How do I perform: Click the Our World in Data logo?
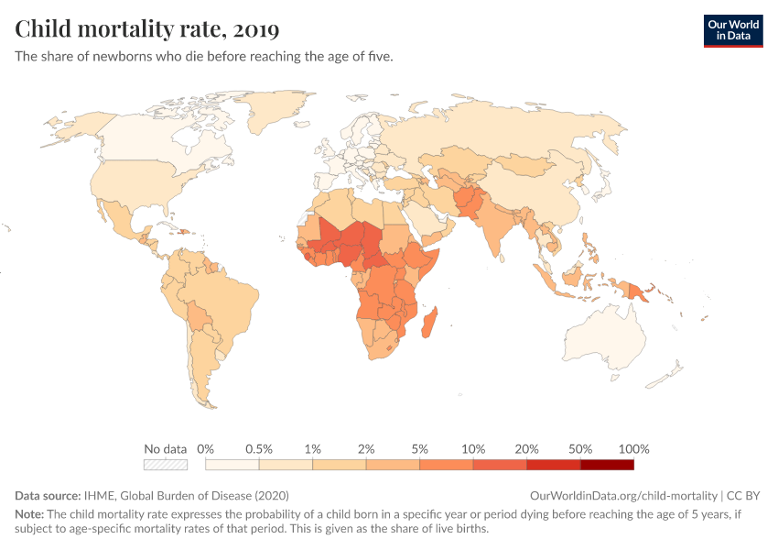733,31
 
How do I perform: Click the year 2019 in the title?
256,29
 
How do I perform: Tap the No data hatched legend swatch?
166,465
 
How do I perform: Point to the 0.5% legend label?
259,449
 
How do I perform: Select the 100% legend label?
633,449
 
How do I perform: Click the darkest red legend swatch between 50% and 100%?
607,465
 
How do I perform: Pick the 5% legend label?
420,449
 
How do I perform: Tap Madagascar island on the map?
429,322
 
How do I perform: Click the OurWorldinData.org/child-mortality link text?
623,495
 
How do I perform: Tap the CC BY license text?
743,495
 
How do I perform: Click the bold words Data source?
48,495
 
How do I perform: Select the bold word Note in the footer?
29,513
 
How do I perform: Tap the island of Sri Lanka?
503,258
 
